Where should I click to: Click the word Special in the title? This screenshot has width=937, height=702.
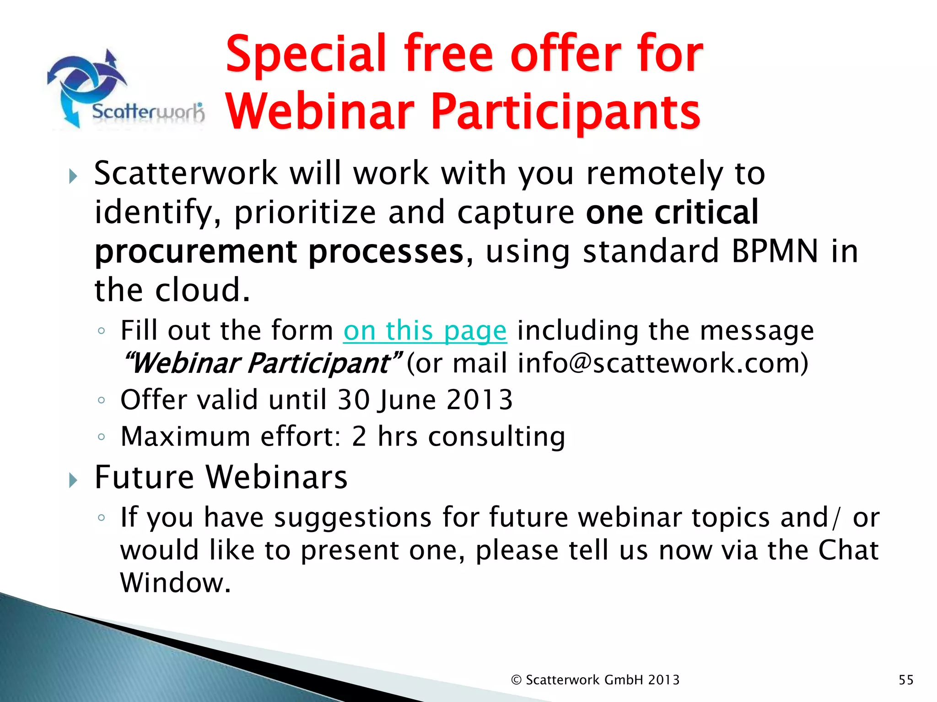coord(307,55)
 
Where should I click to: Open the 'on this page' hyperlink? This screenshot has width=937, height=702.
coord(425,330)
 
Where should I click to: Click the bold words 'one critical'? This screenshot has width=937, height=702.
coord(672,213)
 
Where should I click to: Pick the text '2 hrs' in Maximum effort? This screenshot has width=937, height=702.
coord(384,436)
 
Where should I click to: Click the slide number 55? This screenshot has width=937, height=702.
coord(906,680)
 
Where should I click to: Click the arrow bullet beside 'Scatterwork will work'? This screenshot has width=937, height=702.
coord(73,176)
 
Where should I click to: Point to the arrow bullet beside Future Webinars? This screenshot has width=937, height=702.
coord(73,480)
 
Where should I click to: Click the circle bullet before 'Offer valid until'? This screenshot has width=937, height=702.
coord(102,401)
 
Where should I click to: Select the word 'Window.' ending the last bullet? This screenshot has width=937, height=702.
coord(175,583)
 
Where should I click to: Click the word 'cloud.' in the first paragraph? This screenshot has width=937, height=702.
coord(203,290)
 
